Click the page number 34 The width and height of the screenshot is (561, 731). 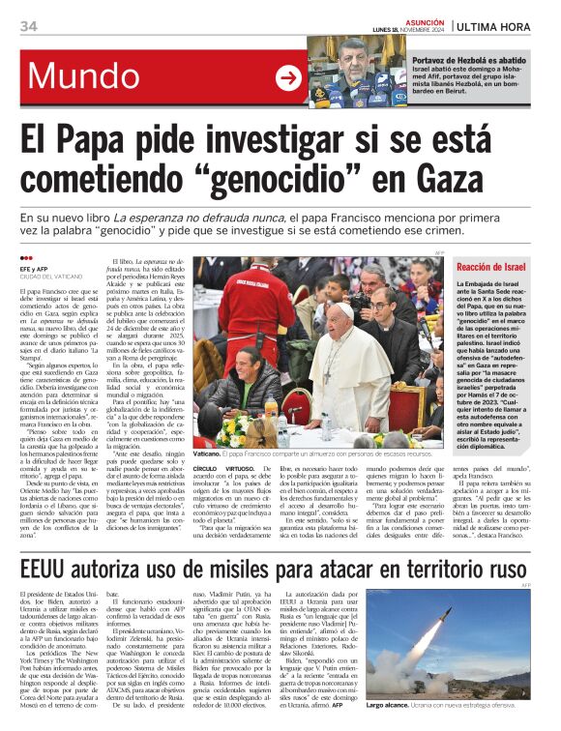(x=28, y=26)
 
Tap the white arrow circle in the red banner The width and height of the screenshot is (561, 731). (x=288, y=77)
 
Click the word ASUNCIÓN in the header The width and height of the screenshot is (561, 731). (x=423, y=20)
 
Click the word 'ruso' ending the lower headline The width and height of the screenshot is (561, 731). (x=502, y=566)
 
